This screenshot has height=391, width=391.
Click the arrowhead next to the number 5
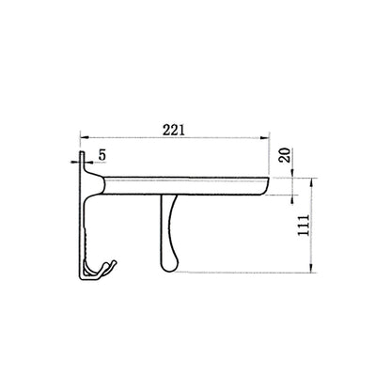pyautogui.click(x=86, y=162)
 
